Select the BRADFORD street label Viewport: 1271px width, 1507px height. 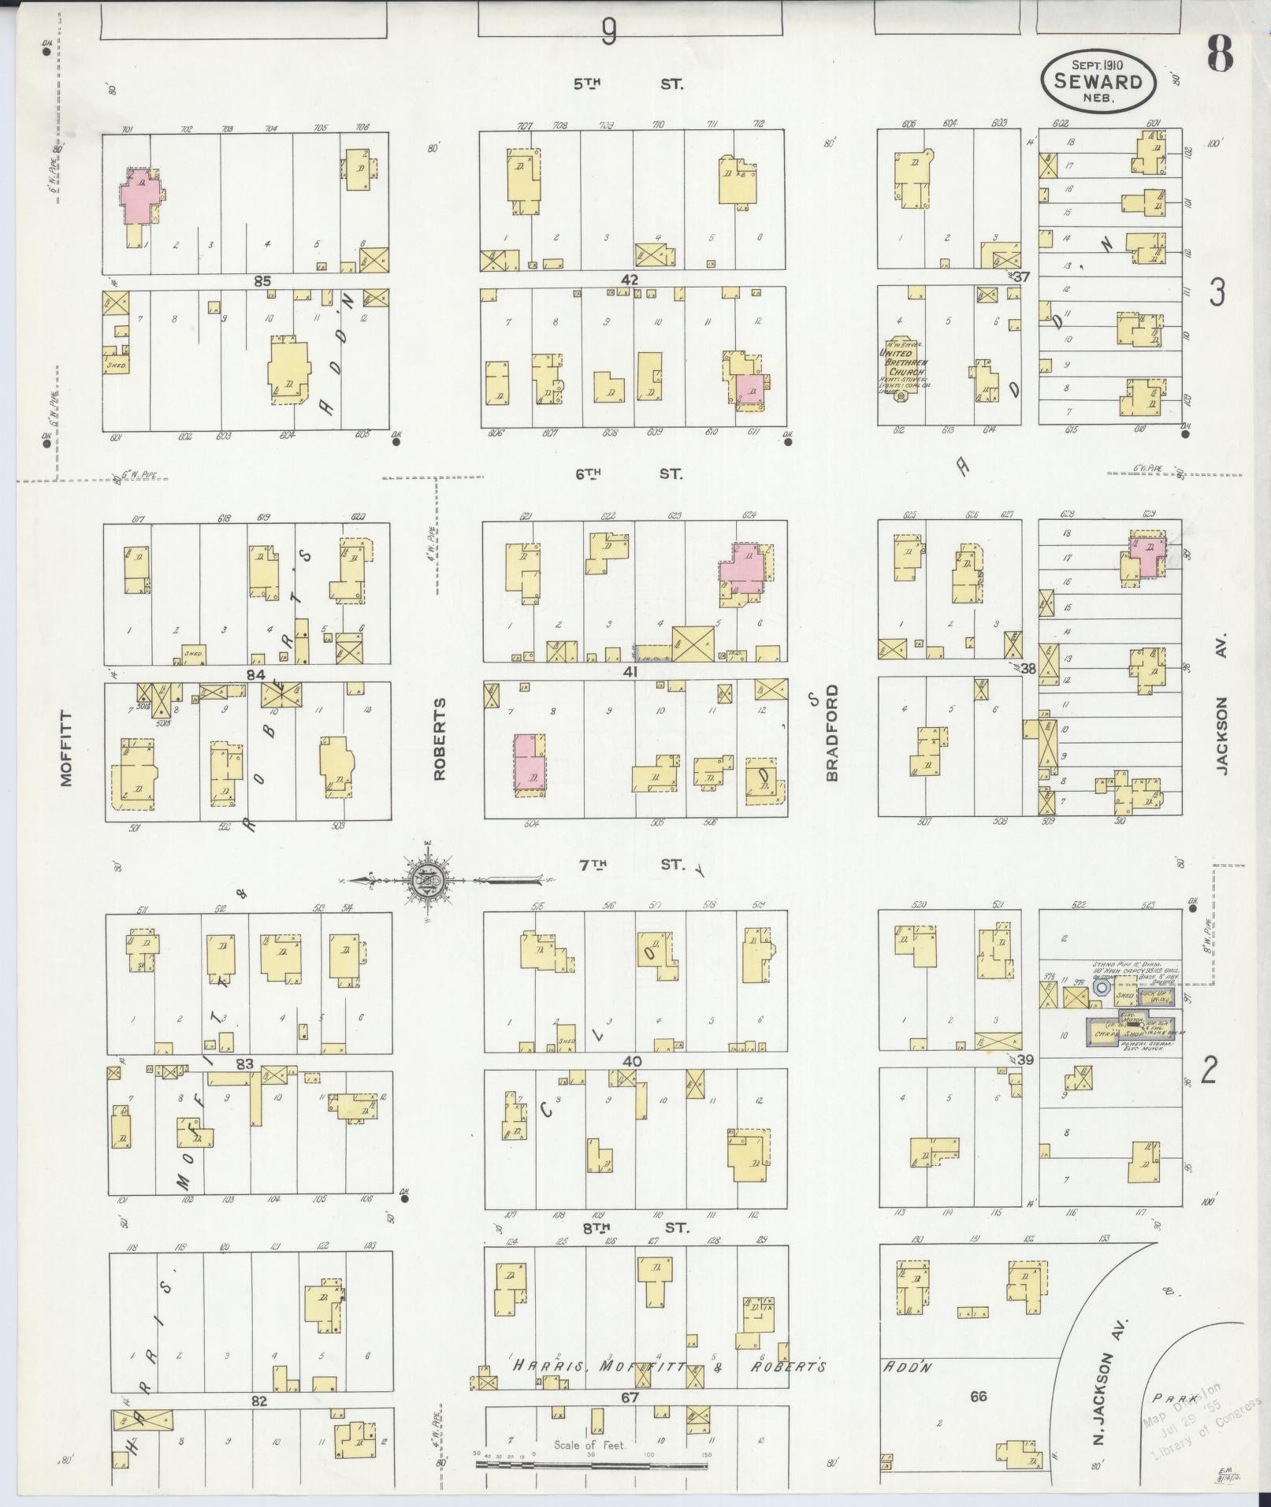tap(832, 733)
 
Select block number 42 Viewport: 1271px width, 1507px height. tap(629, 280)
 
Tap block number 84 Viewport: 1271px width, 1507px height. tap(255, 675)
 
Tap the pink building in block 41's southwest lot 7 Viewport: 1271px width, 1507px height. tap(528, 762)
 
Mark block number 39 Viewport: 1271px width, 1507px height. tap(1024, 1060)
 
